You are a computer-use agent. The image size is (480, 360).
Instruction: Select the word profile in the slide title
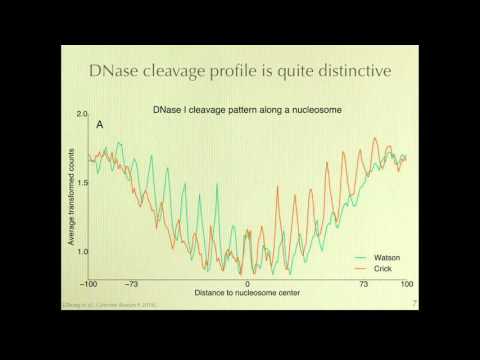(260, 72)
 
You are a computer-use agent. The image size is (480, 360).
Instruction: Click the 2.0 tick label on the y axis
(83, 116)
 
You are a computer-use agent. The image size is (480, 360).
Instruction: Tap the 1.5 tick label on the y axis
(83, 184)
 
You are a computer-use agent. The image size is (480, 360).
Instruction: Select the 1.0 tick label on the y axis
(83, 252)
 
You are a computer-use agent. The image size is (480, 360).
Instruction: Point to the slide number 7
(413, 301)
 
